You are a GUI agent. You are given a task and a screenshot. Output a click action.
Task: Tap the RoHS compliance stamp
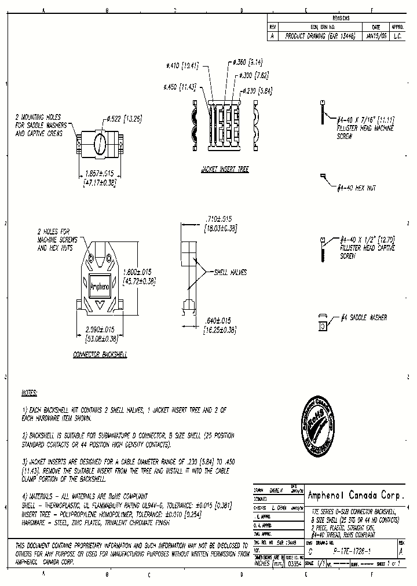point(319,427)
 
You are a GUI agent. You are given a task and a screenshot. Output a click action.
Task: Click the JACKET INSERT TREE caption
point(225,170)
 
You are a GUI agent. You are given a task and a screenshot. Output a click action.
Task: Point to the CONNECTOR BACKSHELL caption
point(100,354)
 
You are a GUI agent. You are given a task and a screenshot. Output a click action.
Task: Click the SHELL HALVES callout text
point(231,272)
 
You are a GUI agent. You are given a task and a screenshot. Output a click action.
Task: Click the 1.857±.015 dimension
point(99,173)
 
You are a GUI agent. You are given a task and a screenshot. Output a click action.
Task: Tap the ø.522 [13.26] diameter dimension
point(124,119)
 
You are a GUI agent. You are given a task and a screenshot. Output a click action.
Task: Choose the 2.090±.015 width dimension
point(98,329)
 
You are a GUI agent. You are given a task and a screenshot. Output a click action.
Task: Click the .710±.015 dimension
point(218,218)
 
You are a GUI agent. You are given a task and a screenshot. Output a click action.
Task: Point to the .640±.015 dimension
point(218,320)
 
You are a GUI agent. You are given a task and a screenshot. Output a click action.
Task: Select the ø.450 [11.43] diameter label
point(180,86)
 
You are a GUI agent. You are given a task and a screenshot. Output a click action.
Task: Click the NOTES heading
point(29,393)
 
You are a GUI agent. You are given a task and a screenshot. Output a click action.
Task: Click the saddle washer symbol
point(322,323)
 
